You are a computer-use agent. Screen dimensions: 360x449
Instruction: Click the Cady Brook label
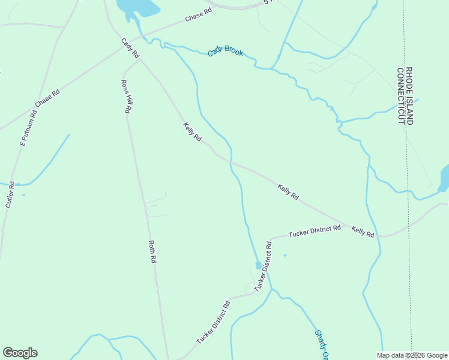[x=226, y=52]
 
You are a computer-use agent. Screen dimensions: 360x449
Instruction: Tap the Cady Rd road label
[x=130, y=49]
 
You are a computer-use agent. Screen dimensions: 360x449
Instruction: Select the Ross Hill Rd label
[x=126, y=97]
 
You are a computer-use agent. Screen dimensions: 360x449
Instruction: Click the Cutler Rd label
[x=10, y=194]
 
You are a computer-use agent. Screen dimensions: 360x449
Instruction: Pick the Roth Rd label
[x=152, y=251]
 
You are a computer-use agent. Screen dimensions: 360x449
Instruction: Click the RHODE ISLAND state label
[x=409, y=95]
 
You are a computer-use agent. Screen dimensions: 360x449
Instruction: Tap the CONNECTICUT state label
[x=400, y=95]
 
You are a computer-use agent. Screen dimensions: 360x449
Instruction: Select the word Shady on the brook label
[x=320, y=340]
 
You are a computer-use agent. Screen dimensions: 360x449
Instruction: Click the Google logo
[x=20, y=353]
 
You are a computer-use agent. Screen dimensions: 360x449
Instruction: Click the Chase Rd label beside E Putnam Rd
[x=48, y=98]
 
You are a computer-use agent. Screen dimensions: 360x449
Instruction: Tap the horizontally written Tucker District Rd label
[x=314, y=230]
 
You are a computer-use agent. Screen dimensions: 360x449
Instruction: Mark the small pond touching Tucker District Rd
[x=259, y=265]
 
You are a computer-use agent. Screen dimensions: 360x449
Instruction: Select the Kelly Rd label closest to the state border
[x=363, y=232]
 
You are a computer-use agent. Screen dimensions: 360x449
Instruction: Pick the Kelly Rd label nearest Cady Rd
[x=192, y=131]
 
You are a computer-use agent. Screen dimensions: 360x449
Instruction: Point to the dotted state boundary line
[x=408, y=180]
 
